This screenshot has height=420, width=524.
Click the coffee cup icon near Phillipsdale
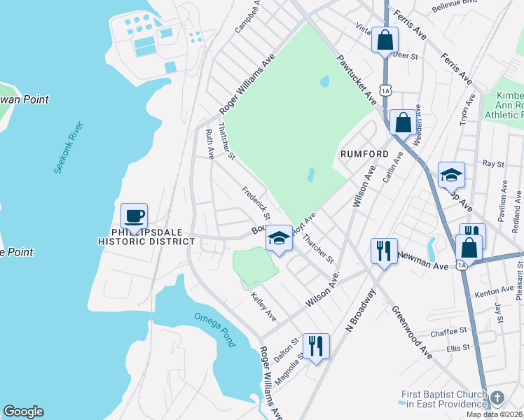pos(134,216)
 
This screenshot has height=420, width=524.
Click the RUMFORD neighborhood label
pos(364,154)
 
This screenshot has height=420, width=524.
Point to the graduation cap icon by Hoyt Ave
pos(279,239)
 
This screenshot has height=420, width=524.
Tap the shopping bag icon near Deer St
pos(385,39)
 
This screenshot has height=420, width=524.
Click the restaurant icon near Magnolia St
pos(316,345)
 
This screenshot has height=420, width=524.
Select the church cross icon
pos(497,398)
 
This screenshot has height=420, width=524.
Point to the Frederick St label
pos(256,202)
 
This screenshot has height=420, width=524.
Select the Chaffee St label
pos(449,331)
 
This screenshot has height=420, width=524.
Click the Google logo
pos(23,412)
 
